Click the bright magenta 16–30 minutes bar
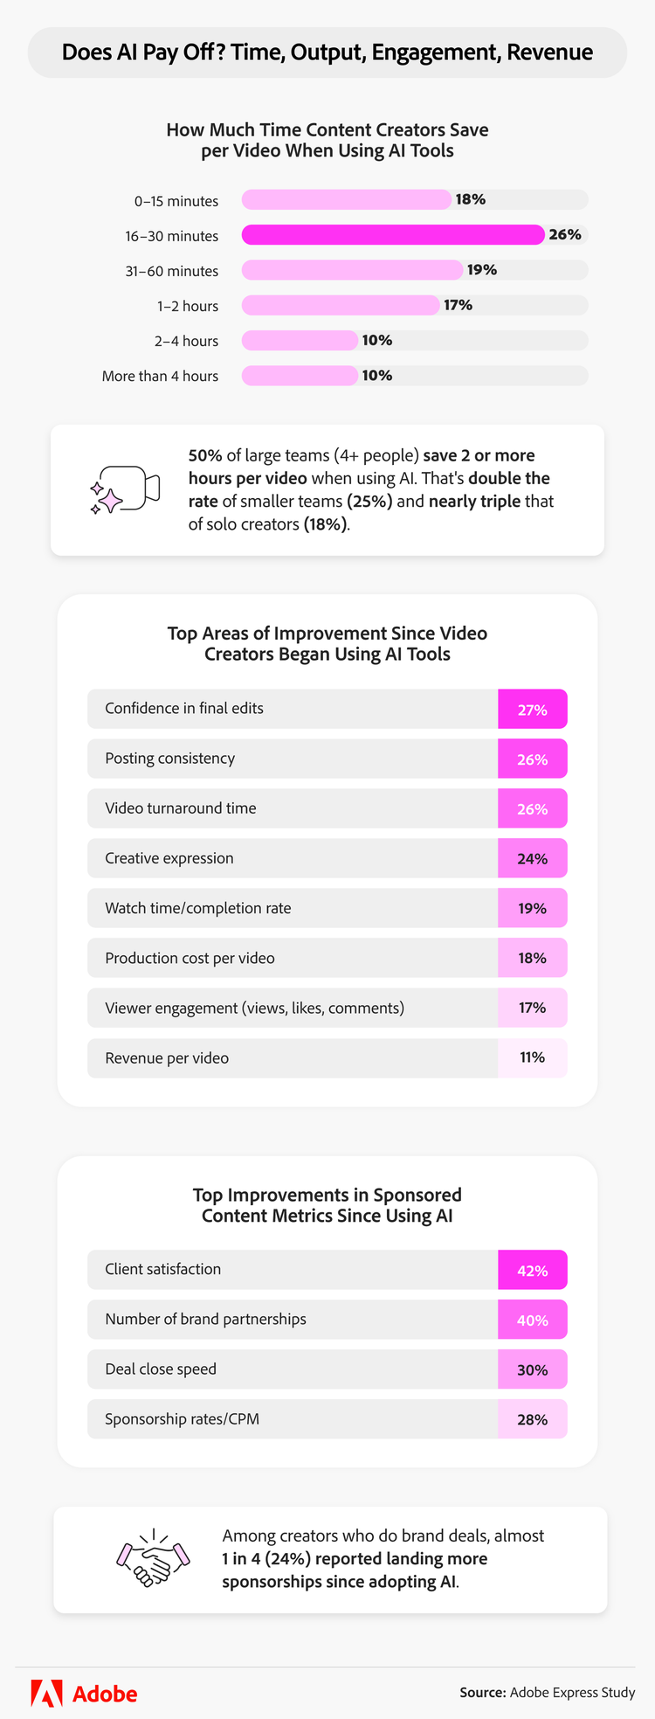(393, 235)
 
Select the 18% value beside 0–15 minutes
(470, 199)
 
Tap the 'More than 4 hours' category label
(160, 376)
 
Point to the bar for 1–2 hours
(341, 305)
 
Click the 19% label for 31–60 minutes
(481, 270)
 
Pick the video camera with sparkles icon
(126, 489)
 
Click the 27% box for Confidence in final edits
(532, 710)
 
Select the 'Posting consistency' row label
(169, 759)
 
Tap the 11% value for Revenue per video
(532, 1057)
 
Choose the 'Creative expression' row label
(169, 858)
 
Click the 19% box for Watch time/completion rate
(532, 909)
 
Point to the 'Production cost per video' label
(190, 959)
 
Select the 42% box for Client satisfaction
(532, 1271)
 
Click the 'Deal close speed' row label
(161, 1369)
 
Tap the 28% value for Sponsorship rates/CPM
(532, 1420)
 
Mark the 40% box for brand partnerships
(532, 1320)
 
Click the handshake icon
(154, 1558)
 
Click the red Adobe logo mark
(46, 1693)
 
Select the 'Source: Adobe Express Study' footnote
(548, 1693)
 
